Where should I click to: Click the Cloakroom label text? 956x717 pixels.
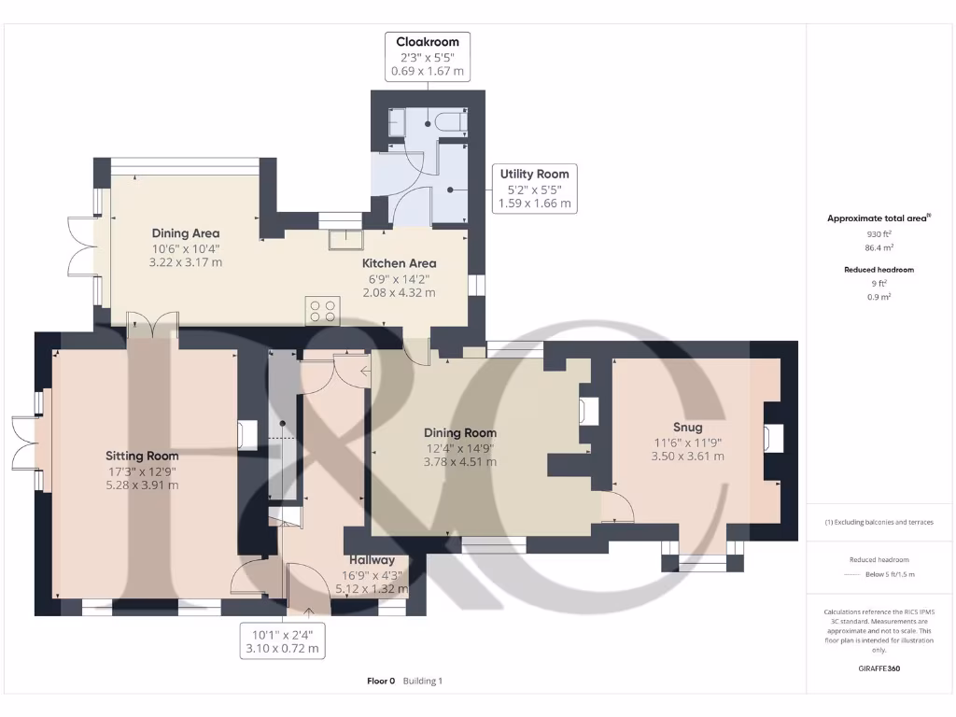[428, 42]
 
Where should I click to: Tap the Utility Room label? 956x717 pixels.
[534, 174]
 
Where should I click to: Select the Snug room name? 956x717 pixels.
[687, 427]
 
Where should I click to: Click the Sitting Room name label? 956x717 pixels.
[142, 456]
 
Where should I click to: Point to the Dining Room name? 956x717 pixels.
[460, 432]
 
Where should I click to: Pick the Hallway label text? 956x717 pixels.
[372, 560]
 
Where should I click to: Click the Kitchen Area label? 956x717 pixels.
[400, 263]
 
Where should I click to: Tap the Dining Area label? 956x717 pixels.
[186, 233]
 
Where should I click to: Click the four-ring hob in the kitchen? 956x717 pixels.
[323, 310]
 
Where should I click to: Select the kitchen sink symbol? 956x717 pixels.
[346, 240]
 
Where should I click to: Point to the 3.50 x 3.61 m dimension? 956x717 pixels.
[687, 456]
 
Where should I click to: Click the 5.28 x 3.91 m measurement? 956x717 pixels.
[142, 485]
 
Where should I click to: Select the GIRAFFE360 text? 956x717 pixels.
[879, 668]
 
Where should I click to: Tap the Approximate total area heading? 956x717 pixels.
[879, 218]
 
